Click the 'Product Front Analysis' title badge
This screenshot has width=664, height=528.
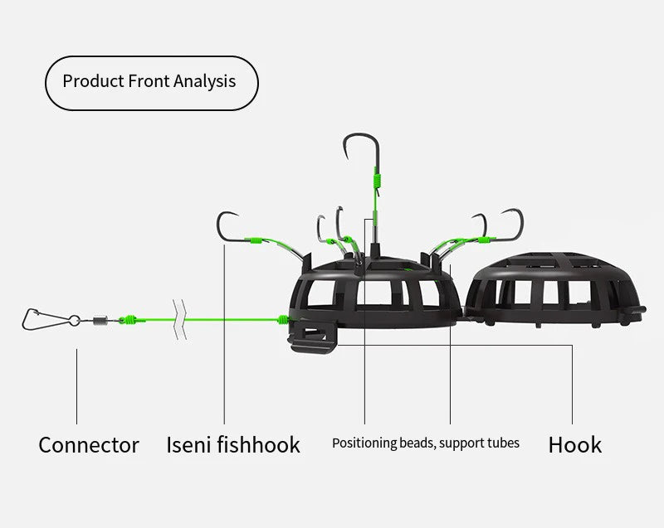pos(150,82)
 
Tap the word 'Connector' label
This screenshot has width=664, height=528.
pos(89,444)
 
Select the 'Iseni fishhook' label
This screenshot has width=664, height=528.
pos(233,444)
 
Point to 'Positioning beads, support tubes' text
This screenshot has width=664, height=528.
pos(425,443)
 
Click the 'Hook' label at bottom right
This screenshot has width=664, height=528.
pos(574,444)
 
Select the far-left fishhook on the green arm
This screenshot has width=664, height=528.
pos(227,228)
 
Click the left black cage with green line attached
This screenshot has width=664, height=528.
pos(373,294)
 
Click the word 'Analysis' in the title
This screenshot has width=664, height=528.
pos(205,82)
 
